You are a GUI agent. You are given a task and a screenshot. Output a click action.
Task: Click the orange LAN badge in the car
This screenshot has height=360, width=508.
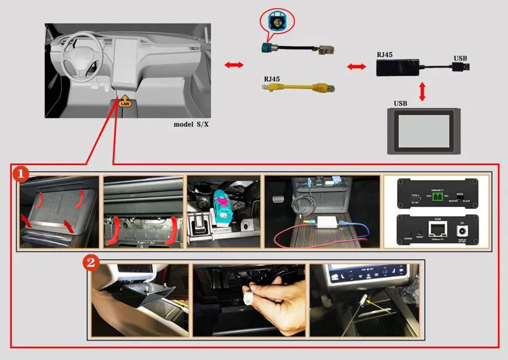coord(125,103)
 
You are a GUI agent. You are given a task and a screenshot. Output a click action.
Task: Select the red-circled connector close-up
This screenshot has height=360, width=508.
coord(277,21)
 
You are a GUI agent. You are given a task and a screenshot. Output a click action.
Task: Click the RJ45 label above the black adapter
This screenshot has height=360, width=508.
coord(385,54)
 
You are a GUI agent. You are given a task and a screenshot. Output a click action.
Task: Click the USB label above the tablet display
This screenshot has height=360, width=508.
coord(401,103)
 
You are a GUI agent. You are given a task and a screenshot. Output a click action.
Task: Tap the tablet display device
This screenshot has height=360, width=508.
coord(423,130)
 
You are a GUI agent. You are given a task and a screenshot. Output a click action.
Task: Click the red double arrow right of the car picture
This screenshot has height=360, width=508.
coord(234,65)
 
